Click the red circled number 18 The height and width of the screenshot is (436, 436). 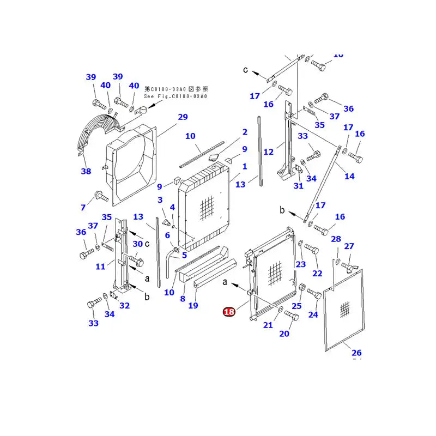point(229,312)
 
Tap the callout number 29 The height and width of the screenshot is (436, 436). point(183,117)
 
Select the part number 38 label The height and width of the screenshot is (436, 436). point(86,172)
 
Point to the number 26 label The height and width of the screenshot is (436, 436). point(356,352)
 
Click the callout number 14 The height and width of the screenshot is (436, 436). point(349,176)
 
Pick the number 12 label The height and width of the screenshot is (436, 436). point(268,152)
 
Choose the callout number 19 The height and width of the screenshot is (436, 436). point(193,305)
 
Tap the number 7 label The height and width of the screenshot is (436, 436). point(83,207)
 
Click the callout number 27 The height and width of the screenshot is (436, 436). point(349,246)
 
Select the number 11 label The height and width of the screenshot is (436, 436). point(100,267)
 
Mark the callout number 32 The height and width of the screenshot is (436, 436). point(125,305)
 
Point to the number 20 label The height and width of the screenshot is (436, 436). point(284,334)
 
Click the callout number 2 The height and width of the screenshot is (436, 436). point(245,132)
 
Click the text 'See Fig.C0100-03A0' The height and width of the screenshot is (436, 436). point(175,96)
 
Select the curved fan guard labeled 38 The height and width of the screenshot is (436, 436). point(101,131)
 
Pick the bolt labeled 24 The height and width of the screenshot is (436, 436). point(314,293)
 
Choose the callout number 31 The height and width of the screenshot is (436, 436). point(298,186)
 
